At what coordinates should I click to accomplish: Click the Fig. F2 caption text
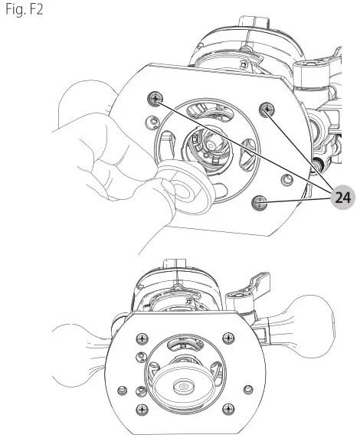click(x=25, y=9)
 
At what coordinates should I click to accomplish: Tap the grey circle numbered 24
click(x=342, y=198)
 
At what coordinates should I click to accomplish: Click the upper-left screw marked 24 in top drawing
click(x=155, y=99)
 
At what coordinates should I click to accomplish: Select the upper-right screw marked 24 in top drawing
click(x=267, y=109)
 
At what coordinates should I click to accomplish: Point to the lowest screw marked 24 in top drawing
click(x=259, y=202)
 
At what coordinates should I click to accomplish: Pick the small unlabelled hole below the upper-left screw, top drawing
click(x=152, y=123)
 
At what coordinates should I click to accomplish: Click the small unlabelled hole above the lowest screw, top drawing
click(x=286, y=180)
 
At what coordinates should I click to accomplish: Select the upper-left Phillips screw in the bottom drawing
click(x=142, y=338)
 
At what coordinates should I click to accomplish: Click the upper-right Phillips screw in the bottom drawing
click(x=228, y=338)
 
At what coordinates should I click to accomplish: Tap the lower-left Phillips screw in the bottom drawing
click(x=142, y=410)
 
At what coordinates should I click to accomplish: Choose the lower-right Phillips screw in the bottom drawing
click(x=228, y=409)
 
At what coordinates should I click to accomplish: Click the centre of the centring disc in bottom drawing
click(x=184, y=387)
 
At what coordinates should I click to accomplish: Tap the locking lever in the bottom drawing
click(x=249, y=290)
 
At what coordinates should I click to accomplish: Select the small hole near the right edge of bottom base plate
click(x=248, y=389)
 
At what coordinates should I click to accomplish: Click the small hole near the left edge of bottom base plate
click(x=122, y=391)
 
